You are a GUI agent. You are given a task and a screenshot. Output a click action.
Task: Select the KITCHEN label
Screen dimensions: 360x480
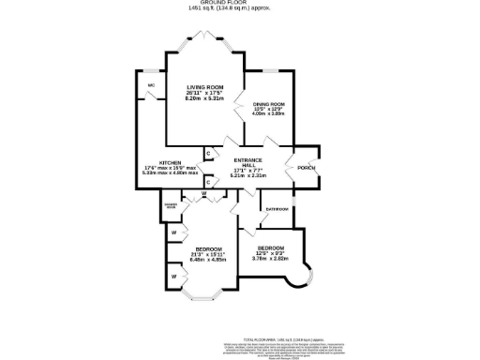coord(170,162)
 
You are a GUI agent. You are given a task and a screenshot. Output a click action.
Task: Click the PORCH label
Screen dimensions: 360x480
coord(305,168)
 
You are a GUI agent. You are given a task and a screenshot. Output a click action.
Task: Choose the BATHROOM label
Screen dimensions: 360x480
coord(276,208)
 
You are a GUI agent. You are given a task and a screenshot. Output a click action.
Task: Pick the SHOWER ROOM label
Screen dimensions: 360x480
coord(171,205)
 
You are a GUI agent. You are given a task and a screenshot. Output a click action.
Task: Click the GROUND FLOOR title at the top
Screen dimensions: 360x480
coord(239,3)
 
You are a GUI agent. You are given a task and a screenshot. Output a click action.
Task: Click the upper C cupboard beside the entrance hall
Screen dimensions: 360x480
coord(207,152)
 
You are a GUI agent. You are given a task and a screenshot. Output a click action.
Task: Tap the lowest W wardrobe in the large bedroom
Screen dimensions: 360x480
coord(173,277)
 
